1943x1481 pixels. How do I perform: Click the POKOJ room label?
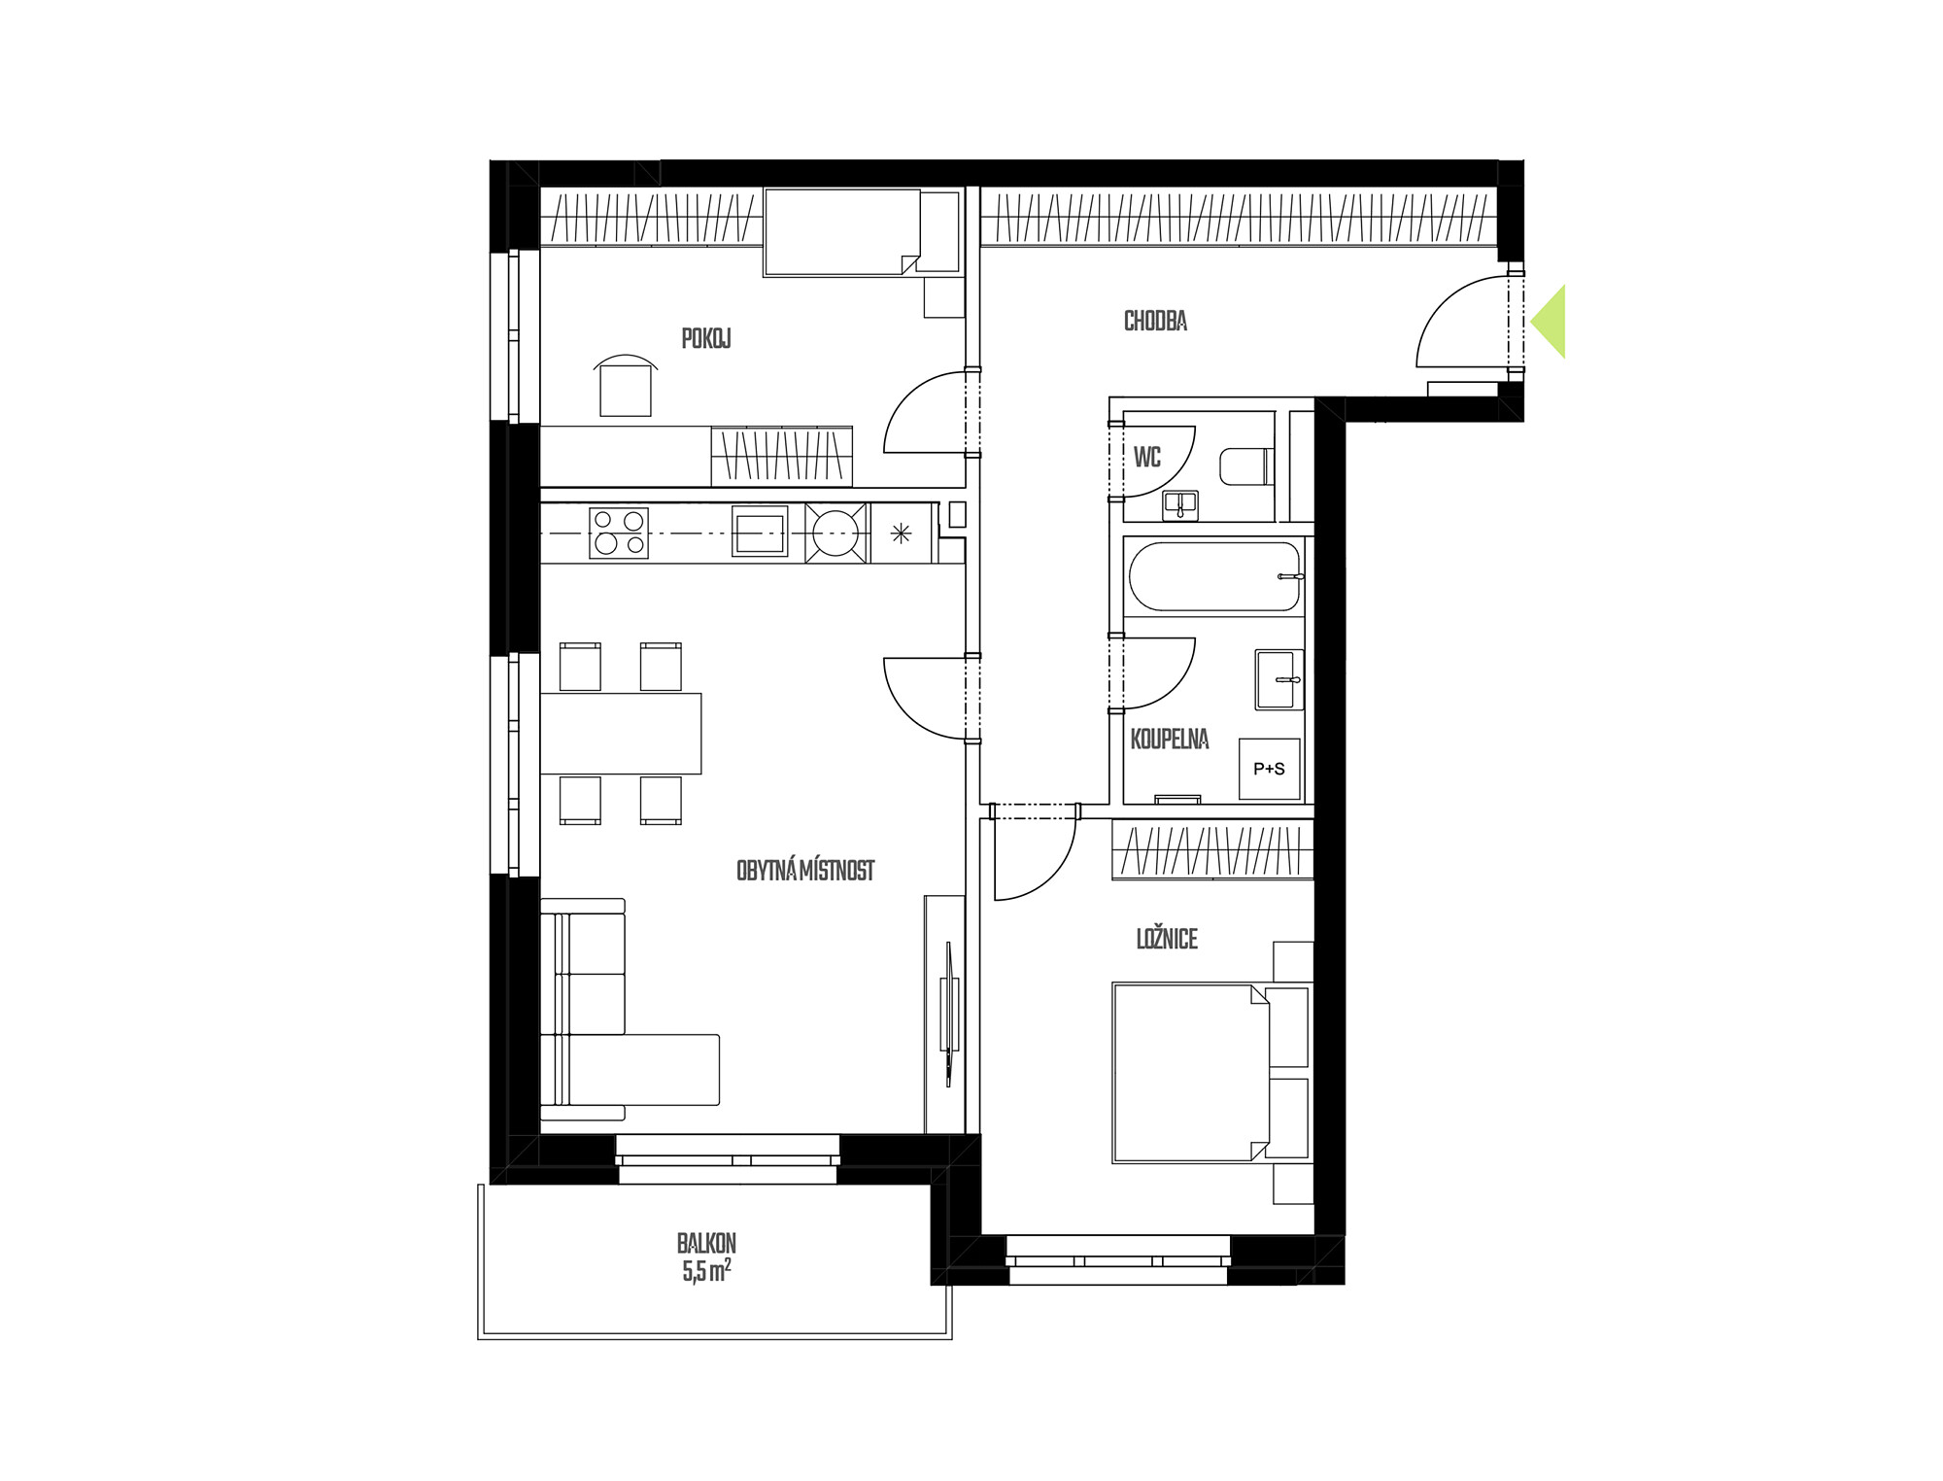(x=706, y=338)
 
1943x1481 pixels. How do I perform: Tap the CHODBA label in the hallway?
(x=1155, y=321)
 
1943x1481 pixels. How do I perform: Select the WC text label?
(x=1147, y=457)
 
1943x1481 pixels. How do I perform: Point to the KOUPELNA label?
(x=1170, y=740)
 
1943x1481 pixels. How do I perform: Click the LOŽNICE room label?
(x=1167, y=939)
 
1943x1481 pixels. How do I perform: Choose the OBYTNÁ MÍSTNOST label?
(x=805, y=871)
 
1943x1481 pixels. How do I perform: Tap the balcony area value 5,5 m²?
(x=706, y=1272)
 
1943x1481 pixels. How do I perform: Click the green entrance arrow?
(x=1549, y=321)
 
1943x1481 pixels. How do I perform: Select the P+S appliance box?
(x=1269, y=769)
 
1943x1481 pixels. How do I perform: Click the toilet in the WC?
(x=1246, y=466)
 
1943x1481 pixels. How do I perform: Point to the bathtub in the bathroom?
(x=1213, y=576)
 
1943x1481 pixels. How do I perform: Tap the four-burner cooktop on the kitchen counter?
(x=619, y=533)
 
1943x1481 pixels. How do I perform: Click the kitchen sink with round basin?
(x=835, y=533)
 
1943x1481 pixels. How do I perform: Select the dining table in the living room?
(x=621, y=733)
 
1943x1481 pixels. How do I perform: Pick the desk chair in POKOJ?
(x=626, y=386)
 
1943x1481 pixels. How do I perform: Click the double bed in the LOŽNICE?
(x=1191, y=1073)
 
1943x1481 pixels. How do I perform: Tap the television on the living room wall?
(x=950, y=1013)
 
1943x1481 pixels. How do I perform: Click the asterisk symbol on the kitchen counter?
(x=901, y=533)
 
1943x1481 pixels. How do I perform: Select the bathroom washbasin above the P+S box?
(x=1278, y=679)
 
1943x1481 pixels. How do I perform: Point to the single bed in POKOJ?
(x=842, y=232)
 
